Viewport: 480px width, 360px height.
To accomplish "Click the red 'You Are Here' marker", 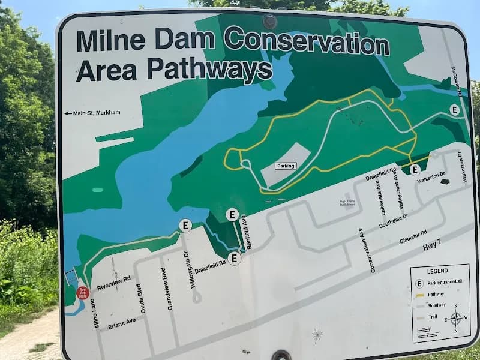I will (x=83, y=293).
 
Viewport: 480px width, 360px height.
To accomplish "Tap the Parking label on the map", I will (x=286, y=166).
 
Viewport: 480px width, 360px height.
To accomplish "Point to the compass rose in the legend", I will (x=455, y=318).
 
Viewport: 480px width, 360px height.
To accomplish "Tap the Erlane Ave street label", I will (x=122, y=323).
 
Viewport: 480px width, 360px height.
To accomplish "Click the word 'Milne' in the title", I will (x=111, y=40).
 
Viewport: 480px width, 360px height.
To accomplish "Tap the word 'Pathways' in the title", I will (x=208, y=70).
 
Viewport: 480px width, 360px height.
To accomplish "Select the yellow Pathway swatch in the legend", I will (x=420, y=295).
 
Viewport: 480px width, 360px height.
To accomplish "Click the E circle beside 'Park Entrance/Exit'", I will (x=420, y=283).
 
